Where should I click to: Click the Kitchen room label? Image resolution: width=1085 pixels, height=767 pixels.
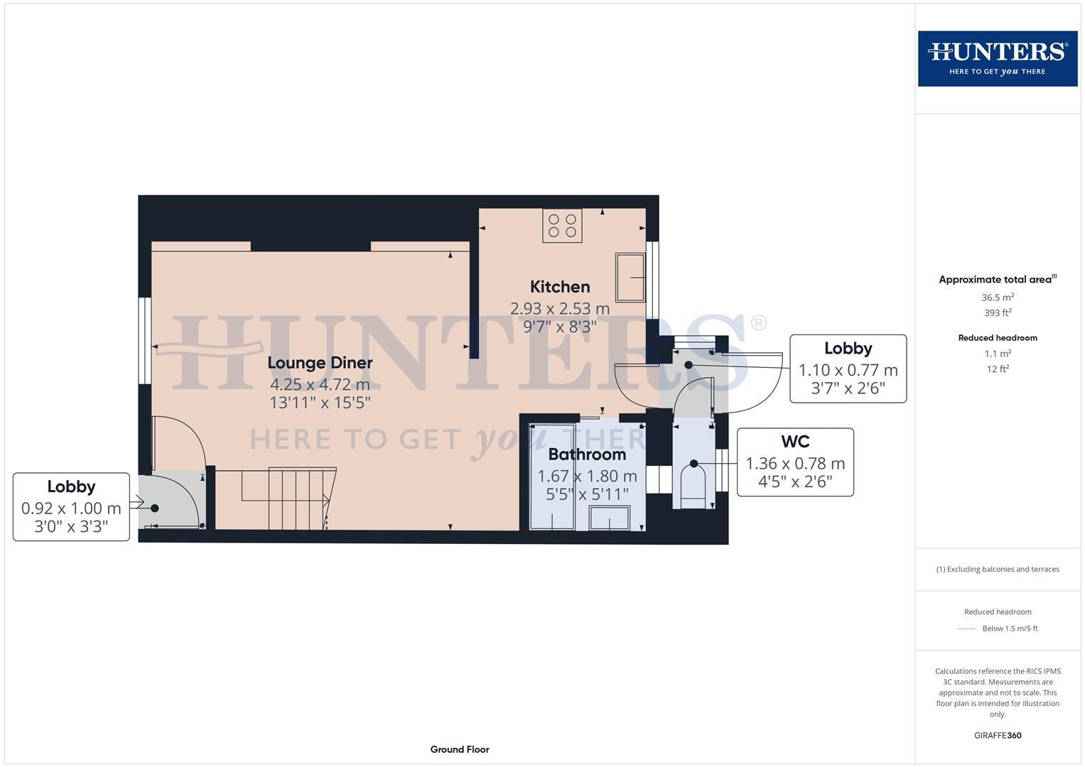[560, 287]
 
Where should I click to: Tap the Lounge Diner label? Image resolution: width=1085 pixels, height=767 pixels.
[320, 363]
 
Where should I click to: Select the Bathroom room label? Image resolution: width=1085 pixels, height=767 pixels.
[587, 455]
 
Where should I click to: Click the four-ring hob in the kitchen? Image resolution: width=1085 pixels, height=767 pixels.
[562, 225]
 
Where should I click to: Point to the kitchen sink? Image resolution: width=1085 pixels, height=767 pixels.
[630, 276]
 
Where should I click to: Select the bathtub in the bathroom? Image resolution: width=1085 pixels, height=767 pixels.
[553, 476]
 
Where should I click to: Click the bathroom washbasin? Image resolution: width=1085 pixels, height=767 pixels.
[610, 518]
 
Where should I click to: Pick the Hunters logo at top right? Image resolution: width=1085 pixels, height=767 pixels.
[998, 58]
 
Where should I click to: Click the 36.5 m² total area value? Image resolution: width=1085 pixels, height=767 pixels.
[998, 298]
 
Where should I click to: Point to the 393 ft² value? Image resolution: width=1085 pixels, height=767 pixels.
[998, 312]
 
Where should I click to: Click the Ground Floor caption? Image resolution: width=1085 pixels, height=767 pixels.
[460, 749]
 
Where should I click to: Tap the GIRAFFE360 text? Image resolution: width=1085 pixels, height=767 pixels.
[998, 735]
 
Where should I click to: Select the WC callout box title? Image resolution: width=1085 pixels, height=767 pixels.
[795, 442]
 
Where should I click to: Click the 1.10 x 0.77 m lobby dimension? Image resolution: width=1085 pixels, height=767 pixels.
[848, 370]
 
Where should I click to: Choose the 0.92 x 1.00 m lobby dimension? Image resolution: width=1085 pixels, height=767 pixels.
[71, 508]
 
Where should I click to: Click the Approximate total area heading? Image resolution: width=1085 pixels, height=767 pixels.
[998, 279]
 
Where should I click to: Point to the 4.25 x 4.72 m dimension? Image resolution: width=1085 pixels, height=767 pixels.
[320, 385]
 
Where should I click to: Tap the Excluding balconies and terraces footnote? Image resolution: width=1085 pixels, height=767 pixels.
[998, 569]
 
